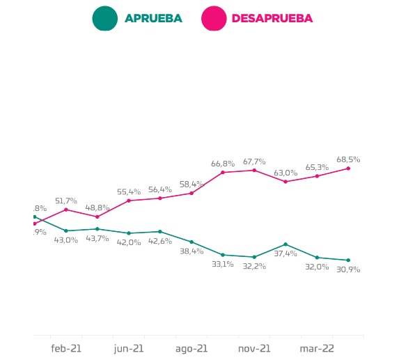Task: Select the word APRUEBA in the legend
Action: (x=153, y=19)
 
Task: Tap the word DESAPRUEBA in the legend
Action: (x=272, y=19)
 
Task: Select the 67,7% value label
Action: (x=254, y=161)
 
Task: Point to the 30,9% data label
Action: (x=348, y=269)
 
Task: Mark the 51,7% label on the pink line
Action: (x=66, y=201)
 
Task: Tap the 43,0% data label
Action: (x=66, y=240)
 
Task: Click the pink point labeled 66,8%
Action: (x=223, y=172)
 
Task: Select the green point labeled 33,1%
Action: (x=223, y=255)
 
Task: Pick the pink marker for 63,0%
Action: (x=285, y=181)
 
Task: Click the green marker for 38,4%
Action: (x=191, y=242)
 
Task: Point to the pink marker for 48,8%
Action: (x=97, y=217)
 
